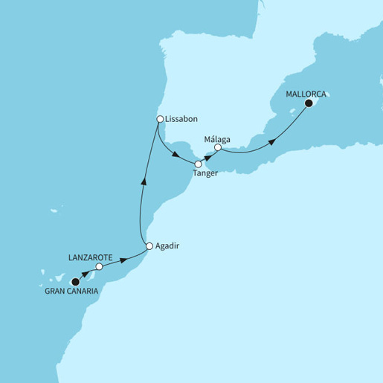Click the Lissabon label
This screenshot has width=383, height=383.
coord(182,119)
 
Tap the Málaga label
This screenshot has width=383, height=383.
coord(216,138)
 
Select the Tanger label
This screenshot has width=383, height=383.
coord(205,173)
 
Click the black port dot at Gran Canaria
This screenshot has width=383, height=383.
coord(74,281)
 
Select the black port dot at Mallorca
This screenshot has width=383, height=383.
coord(309,104)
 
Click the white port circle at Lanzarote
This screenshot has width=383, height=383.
coord(99,265)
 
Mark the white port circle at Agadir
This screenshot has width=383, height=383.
coord(149,246)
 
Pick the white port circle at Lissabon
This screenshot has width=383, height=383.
coord(159,119)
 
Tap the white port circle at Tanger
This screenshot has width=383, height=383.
coord(198,164)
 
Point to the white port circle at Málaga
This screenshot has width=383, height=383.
coord(217,148)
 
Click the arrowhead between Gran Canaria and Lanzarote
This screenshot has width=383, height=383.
coord(85,274)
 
